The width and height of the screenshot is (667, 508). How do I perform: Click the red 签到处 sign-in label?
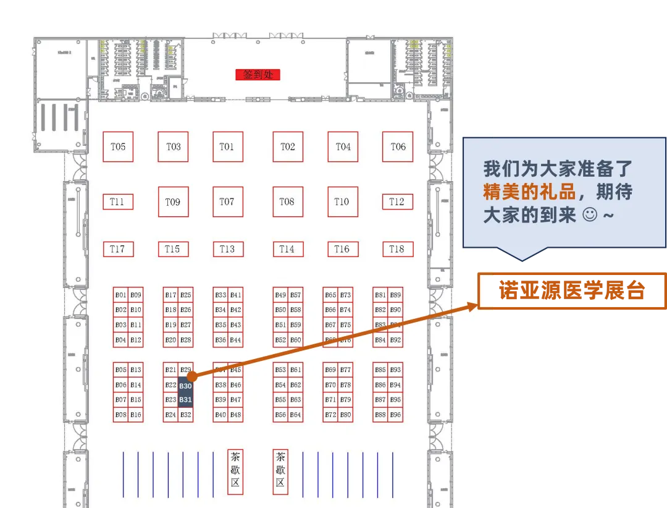[258, 75]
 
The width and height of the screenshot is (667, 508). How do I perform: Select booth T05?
[118, 147]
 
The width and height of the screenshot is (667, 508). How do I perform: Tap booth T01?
[227, 147]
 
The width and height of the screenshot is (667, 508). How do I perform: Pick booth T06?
[398, 147]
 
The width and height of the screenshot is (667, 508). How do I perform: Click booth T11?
[118, 201]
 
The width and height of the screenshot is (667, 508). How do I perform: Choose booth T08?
[287, 201]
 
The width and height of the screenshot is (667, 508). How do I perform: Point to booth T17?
[118, 249]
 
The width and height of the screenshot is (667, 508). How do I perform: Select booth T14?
[287, 249]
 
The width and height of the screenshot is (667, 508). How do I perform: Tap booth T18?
[397, 249]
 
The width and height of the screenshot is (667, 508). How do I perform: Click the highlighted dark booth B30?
[186, 386]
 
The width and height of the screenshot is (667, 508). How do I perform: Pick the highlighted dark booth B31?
[186, 400]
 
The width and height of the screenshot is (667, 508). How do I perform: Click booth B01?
[121, 295]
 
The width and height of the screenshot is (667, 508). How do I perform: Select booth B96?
[395, 415]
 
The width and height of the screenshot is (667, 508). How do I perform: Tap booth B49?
[280, 295]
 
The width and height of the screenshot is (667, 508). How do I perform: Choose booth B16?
[136, 415]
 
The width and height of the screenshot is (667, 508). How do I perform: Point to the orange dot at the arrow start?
[192, 376]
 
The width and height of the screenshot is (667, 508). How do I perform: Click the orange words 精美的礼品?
[529, 192]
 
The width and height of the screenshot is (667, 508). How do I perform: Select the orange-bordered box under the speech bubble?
[572, 291]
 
